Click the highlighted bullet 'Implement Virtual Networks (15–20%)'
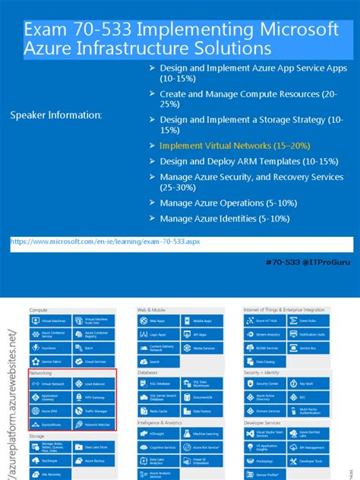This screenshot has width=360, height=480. click(224, 145)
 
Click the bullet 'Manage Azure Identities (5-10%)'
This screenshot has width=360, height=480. click(224, 219)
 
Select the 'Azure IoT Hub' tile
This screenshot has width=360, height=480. click(263, 321)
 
